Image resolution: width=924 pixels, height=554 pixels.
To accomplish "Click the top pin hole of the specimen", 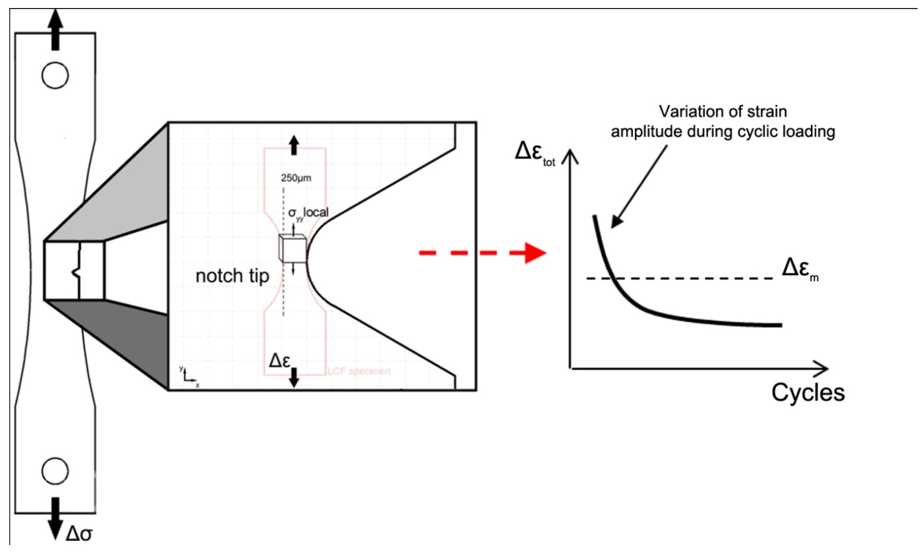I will coord(55,75).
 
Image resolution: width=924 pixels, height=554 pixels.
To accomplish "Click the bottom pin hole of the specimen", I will coord(55,471).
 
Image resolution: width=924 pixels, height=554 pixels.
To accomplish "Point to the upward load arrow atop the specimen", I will coord(55,30).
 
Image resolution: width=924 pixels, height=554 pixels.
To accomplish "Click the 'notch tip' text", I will coord(233,276).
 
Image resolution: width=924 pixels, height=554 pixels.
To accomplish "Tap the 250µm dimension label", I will coord(296,178).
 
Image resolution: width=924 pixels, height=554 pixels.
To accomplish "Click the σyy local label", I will coord(308,213).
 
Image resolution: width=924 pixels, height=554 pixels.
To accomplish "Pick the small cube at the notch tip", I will coord(293,248).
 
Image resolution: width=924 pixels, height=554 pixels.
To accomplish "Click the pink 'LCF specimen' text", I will coord(359,372).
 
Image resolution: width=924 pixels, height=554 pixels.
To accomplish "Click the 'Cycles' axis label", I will coord(808,393).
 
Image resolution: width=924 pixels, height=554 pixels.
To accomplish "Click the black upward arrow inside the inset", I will coord(294,145).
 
